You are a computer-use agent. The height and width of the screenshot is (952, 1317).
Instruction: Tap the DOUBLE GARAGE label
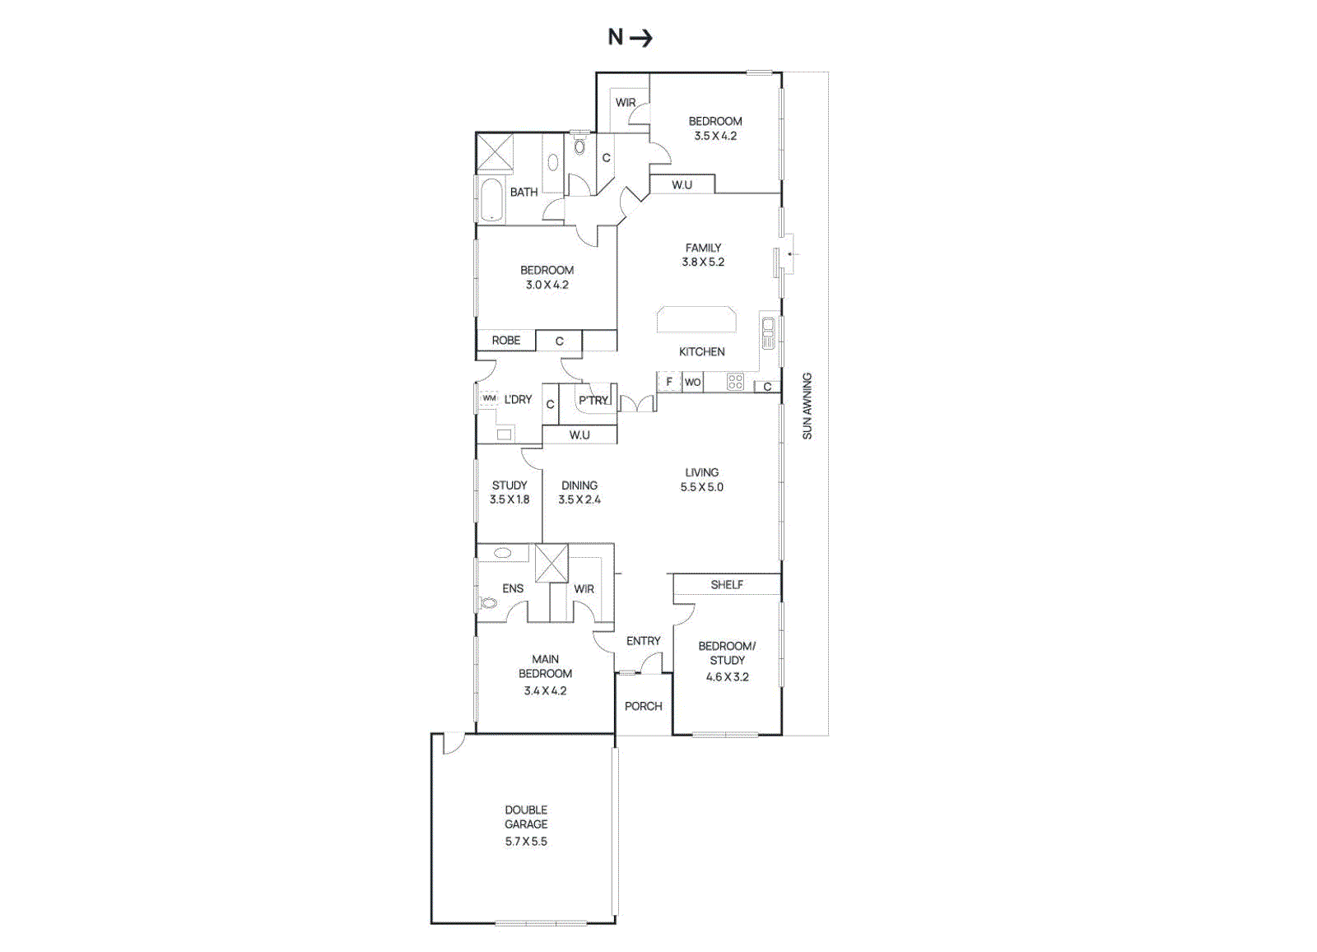tap(526, 817)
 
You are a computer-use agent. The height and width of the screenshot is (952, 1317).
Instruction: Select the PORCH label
tap(643, 706)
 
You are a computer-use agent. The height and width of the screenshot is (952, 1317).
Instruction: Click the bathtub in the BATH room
tap(491, 200)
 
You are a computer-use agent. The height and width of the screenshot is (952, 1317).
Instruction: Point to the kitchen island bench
tap(696, 319)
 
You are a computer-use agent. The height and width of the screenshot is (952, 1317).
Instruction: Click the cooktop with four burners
tap(735, 382)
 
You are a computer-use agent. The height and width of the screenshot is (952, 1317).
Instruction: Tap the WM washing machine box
tap(489, 398)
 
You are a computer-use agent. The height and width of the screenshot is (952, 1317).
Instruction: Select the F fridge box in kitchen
tap(669, 382)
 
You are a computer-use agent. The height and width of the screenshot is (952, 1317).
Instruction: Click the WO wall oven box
tap(692, 382)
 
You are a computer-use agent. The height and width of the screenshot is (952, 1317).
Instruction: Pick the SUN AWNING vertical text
tap(807, 406)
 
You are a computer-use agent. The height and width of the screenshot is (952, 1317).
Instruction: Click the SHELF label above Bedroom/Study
tap(727, 584)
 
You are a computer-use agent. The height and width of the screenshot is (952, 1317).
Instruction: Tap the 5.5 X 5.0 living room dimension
tap(701, 487)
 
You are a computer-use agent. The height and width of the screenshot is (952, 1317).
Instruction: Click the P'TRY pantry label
tap(593, 400)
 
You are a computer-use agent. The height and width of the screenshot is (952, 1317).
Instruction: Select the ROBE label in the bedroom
tap(506, 340)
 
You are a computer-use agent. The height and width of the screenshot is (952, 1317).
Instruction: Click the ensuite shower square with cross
tap(551, 563)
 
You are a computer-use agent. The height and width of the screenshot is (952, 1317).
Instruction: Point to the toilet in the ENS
tap(488, 603)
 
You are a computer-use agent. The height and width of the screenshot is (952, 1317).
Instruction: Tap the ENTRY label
tap(643, 640)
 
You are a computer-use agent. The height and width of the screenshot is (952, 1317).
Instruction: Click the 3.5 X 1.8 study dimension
tap(510, 499)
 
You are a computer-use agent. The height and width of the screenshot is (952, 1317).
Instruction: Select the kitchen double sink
tap(768, 332)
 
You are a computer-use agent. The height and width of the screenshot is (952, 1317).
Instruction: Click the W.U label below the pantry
tap(579, 434)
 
